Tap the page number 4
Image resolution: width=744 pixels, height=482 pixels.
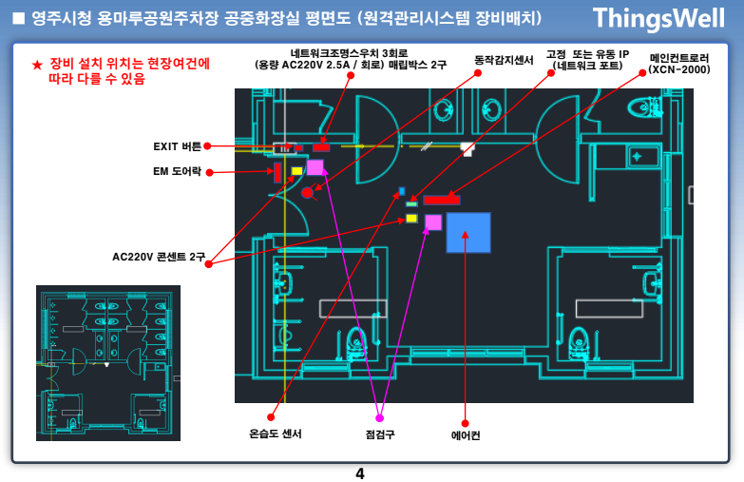tap(359, 472)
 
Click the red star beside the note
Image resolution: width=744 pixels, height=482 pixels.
tap(36, 65)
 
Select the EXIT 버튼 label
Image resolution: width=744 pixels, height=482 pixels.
tap(178, 146)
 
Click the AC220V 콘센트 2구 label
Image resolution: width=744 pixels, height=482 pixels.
tap(158, 257)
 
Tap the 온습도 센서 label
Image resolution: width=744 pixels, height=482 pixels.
tap(276, 434)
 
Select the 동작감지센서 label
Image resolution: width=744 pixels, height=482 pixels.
tap(504, 60)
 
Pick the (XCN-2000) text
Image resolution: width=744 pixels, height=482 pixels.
tap(679, 69)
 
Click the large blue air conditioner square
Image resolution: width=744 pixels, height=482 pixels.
tap(468, 232)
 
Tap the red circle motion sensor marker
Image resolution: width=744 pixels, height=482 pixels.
tap(307, 192)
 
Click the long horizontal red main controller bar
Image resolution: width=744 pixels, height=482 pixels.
tap(442, 200)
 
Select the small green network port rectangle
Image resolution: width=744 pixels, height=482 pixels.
tap(411, 203)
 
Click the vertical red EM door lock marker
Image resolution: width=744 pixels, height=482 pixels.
tap(277, 172)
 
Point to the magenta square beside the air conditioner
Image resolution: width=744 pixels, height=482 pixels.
tap(433, 222)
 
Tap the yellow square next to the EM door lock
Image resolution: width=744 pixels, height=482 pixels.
tap(296, 171)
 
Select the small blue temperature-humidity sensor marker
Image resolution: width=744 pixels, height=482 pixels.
tap(402, 191)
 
